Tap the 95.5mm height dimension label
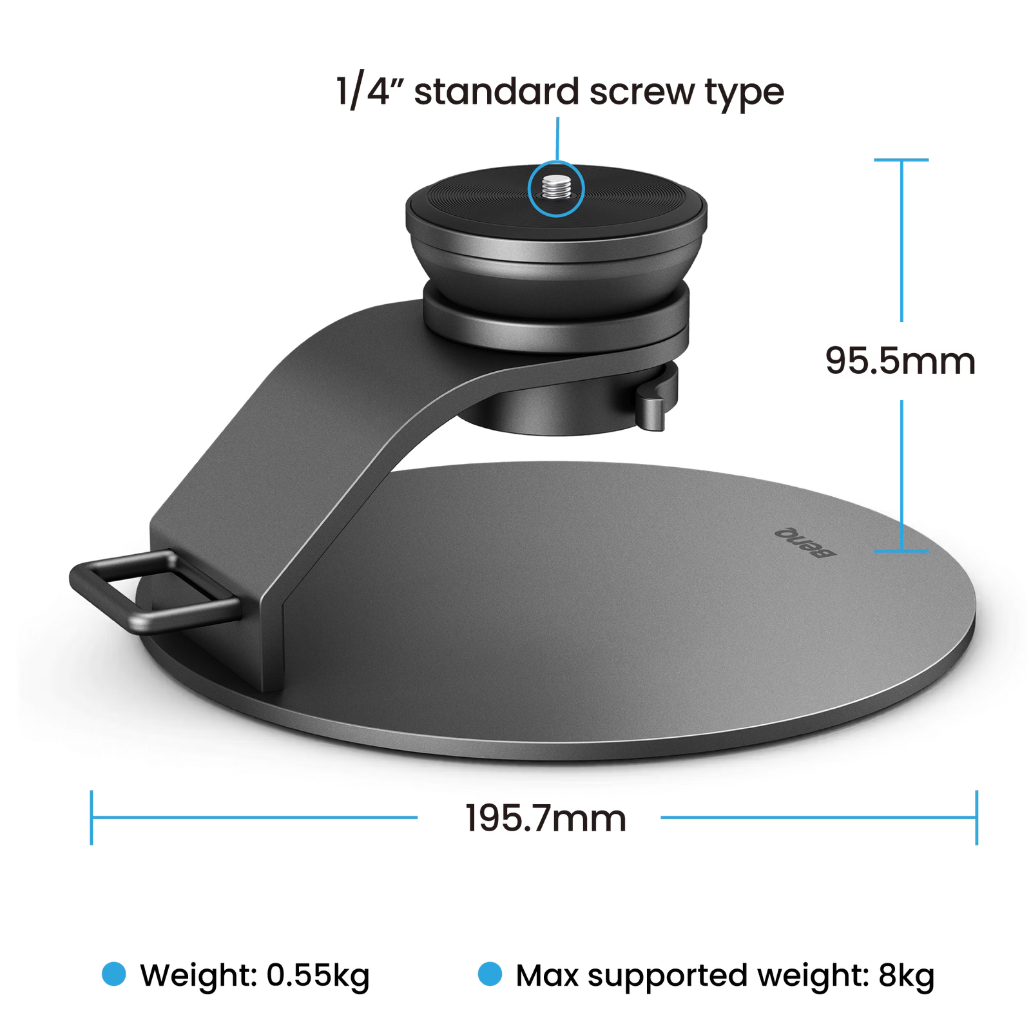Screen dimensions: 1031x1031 (900, 361)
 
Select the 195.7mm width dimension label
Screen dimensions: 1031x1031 (546, 818)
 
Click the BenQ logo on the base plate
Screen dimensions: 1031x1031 (805, 543)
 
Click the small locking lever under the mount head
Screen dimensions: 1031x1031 (650, 407)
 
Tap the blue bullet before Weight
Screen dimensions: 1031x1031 (114, 974)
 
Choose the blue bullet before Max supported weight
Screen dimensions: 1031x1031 (490, 974)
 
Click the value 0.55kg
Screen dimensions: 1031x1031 (318, 976)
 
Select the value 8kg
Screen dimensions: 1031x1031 (907, 976)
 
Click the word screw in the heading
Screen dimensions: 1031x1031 (642, 92)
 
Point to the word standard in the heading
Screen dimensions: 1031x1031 (496, 92)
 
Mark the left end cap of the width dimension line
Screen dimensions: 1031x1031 (92, 818)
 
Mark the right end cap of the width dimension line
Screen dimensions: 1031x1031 (977, 818)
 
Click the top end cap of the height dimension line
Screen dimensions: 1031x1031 (901, 159)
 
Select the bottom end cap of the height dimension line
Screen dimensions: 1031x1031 (901, 551)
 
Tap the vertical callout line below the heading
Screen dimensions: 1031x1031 (557, 139)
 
